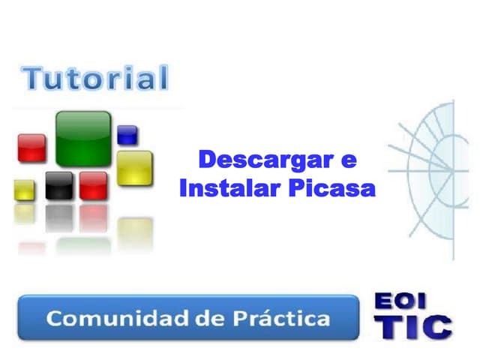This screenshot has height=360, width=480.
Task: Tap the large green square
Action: [83, 137]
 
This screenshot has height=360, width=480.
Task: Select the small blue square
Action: [127, 135]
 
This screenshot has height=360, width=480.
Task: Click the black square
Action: [59, 185]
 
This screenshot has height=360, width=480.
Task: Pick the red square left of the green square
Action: [32, 148]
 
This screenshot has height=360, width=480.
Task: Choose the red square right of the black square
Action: [94, 185]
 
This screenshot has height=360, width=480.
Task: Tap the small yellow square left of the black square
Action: [25, 190]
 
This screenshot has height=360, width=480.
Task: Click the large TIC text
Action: [412, 327]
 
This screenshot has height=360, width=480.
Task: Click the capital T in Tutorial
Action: [33, 78]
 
